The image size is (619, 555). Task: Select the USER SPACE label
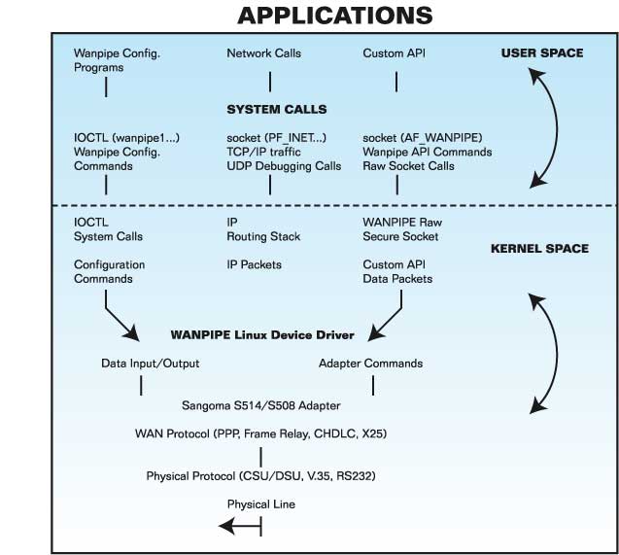[542, 52]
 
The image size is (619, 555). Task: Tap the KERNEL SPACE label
[540, 248]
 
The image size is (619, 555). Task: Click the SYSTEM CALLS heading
[277, 109]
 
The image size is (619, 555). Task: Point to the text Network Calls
[263, 53]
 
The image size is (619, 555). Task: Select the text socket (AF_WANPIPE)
[419, 138]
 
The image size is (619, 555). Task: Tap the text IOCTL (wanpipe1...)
[123, 138]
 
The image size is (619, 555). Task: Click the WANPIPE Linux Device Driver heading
[262, 334]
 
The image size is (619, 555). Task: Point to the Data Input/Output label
[151, 364]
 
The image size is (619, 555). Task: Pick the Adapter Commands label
[370, 364]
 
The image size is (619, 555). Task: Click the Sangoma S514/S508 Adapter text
[260, 403]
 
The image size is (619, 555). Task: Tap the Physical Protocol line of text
[260, 476]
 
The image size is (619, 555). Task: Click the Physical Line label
[260, 504]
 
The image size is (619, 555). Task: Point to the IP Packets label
[254, 264]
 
